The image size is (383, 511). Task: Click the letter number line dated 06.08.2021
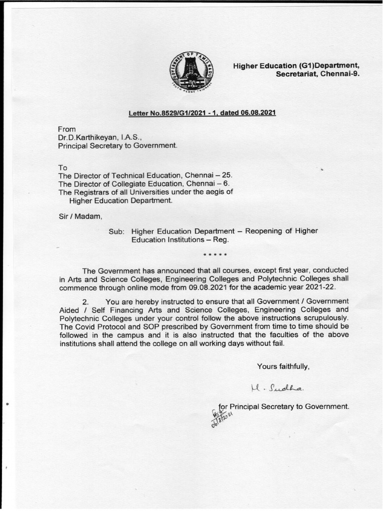(x=202, y=113)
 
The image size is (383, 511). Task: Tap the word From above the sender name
(x=67, y=129)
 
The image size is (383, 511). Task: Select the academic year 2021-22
(x=319, y=288)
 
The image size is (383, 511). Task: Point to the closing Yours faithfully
(x=283, y=366)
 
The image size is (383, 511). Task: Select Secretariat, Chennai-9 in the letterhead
(x=318, y=73)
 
